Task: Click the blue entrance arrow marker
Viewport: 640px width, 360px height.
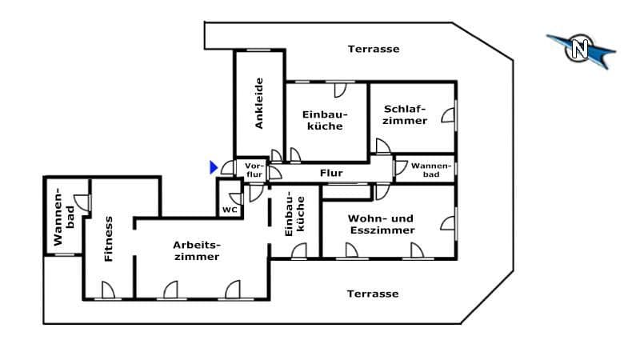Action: (214, 167)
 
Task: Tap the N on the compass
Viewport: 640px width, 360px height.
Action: (579, 49)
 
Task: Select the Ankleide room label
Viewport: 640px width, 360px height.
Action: (258, 103)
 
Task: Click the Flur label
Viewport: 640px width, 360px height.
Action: (331, 173)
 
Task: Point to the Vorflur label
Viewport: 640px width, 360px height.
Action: (254, 170)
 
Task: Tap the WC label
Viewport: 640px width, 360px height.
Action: (230, 210)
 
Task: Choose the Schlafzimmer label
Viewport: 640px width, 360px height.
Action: (405, 114)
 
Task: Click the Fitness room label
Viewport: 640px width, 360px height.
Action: (108, 238)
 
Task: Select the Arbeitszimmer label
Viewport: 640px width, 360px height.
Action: (197, 250)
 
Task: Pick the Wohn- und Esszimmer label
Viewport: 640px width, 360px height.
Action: (382, 224)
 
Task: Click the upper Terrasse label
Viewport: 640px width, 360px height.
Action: (374, 49)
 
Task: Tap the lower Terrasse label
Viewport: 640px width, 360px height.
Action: (373, 294)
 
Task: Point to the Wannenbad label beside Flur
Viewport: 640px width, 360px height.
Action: (431, 170)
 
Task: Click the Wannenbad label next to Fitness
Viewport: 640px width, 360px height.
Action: (64, 216)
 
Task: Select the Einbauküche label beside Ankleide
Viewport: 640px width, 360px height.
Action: (325, 120)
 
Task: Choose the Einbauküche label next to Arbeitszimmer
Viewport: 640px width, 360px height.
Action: (294, 214)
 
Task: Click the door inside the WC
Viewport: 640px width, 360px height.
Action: (237, 198)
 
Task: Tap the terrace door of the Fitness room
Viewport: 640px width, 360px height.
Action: (108, 290)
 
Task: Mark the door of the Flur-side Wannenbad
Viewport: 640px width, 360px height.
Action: (401, 167)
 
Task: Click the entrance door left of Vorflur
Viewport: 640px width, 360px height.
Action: (228, 168)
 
